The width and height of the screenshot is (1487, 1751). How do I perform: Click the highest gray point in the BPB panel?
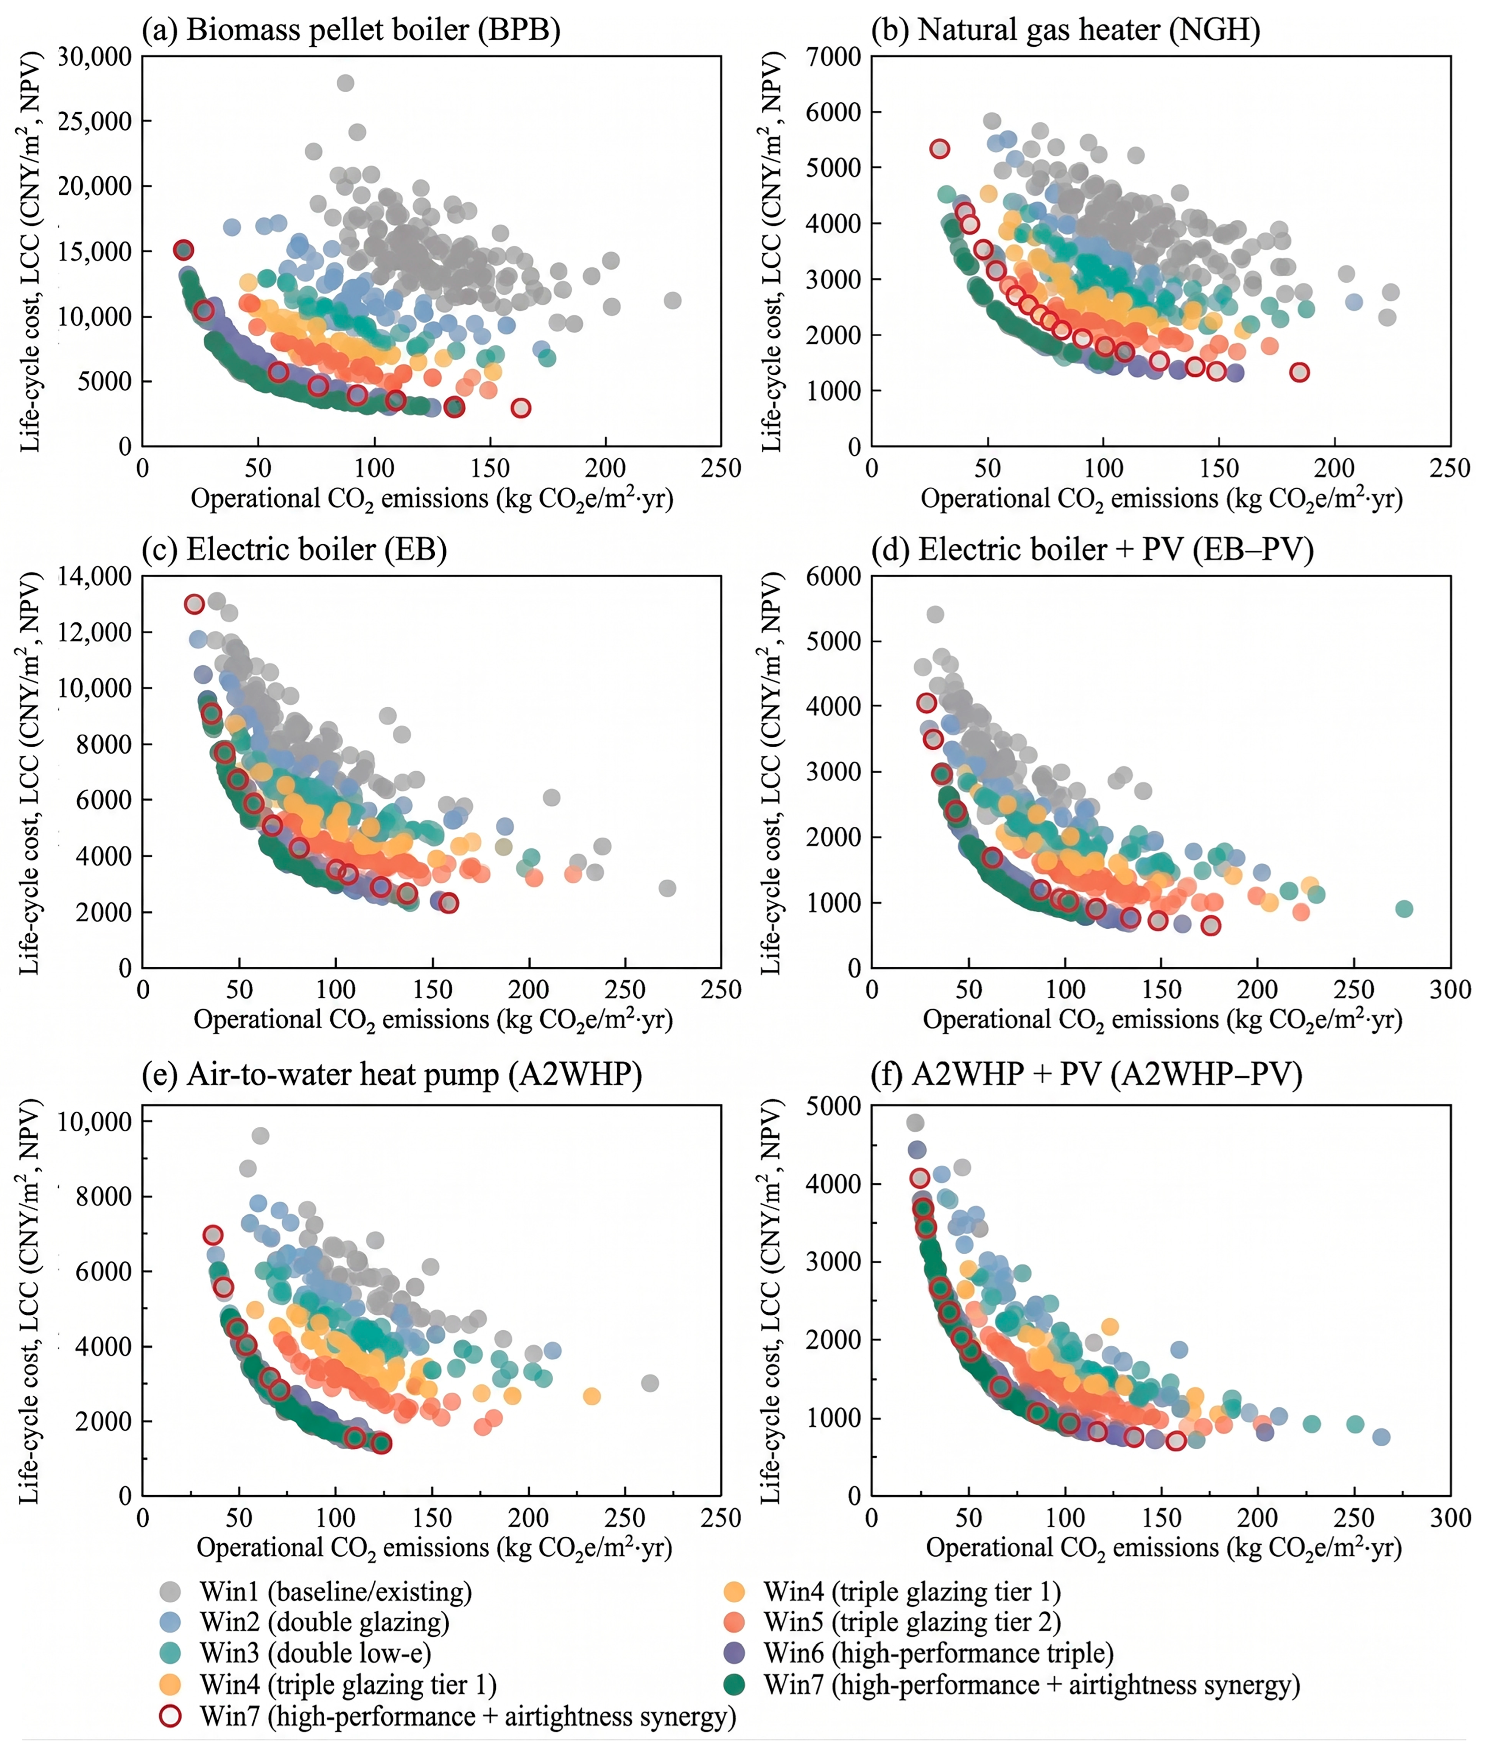point(345,83)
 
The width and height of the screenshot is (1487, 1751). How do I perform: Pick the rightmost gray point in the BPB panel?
point(672,300)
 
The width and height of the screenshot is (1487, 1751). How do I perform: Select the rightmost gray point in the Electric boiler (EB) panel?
point(667,888)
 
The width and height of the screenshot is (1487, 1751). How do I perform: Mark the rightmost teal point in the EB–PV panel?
point(1403,908)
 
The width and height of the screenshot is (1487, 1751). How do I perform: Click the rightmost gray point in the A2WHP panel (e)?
point(649,1383)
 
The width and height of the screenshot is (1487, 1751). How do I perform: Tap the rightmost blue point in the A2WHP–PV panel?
point(1381,1437)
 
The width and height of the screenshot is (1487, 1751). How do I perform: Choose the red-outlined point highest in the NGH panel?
point(939,148)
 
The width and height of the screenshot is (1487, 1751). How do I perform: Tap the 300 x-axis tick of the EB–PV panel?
point(1450,989)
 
